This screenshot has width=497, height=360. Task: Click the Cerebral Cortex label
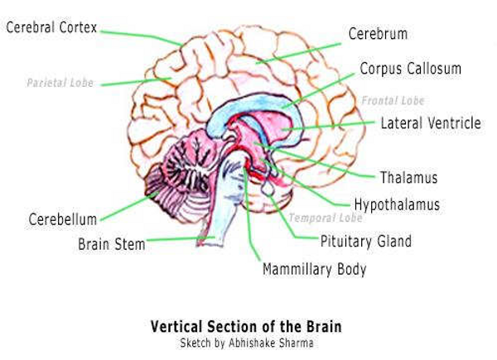point(51,28)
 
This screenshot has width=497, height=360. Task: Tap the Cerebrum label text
point(377,35)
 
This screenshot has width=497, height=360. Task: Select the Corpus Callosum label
point(410,68)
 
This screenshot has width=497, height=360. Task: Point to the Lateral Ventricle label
point(431,123)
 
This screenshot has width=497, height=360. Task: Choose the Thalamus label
point(408,177)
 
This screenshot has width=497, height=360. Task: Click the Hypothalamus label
point(397,204)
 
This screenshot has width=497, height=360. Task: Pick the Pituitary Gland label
point(365,242)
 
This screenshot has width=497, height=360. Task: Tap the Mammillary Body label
point(314,269)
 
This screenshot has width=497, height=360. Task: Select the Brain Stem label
point(112,244)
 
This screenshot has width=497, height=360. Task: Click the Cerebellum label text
point(63,219)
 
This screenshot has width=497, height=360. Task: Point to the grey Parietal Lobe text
point(60,84)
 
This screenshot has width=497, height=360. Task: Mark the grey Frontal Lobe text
point(393,100)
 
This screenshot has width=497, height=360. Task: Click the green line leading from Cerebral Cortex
point(141,35)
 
